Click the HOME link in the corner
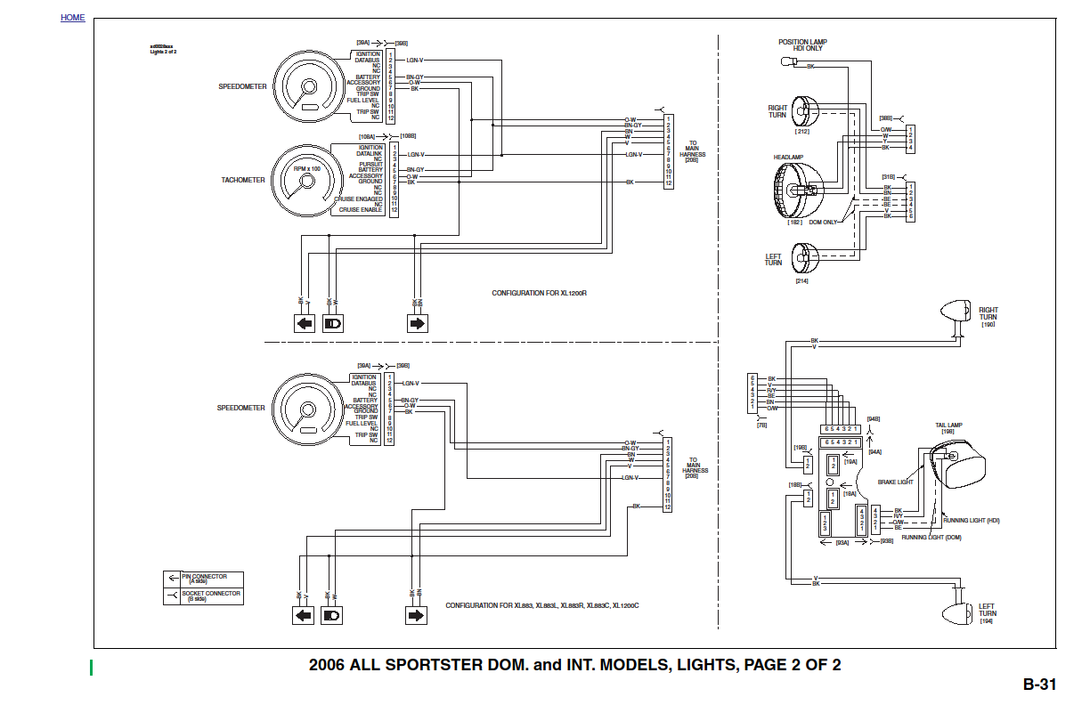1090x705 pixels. (x=73, y=18)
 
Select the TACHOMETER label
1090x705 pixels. (x=243, y=180)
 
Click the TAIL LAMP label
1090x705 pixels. (x=948, y=428)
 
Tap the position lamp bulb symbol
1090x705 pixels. (x=787, y=62)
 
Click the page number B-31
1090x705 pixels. (x=1039, y=685)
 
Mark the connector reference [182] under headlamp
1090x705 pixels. (x=795, y=222)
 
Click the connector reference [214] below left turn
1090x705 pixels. (x=801, y=280)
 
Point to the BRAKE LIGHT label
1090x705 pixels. (x=895, y=482)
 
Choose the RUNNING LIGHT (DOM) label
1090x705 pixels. (x=931, y=538)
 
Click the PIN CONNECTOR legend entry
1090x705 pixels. (x=204, y=578)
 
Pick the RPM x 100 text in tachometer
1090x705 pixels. (x=307, y=168)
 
